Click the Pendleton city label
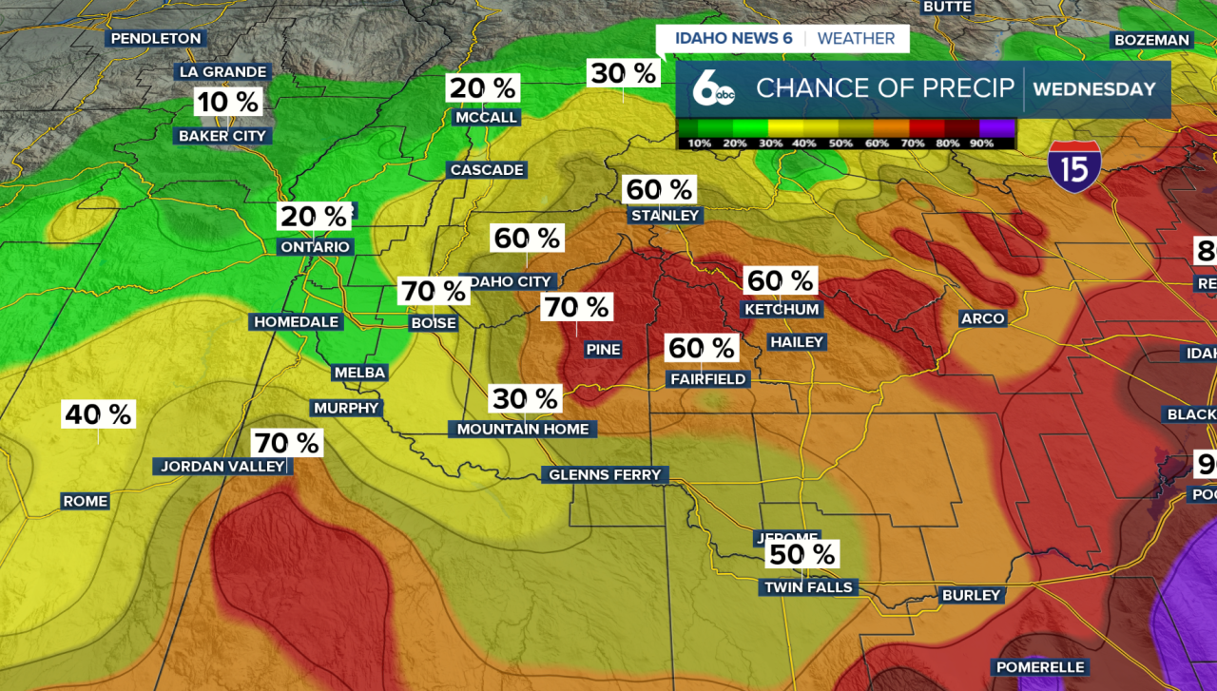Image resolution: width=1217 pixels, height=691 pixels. tap(156, 39)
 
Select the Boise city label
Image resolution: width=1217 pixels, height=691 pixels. tap(434, 323)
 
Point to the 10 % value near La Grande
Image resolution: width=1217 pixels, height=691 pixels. tap(227, 101)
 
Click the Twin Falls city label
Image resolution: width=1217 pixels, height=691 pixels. tap(809, 587)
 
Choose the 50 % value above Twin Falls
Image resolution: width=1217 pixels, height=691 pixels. tap(802, 554)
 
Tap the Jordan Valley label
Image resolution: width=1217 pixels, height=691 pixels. tap(222, 467)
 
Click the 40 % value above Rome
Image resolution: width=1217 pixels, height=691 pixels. tap(99, 414)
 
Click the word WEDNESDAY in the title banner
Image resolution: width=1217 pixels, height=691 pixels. tap(1094, 89)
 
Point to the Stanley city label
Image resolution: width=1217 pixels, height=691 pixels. tap(665, 216)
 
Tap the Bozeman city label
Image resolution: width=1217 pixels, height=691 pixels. tap(1151, 40)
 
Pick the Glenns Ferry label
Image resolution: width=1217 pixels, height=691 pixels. tap(605, 475)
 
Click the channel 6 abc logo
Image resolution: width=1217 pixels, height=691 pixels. tap(712, 88)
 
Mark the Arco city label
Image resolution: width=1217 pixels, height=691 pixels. tap(982, 318)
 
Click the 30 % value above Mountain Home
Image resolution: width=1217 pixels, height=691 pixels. tap(526, 398)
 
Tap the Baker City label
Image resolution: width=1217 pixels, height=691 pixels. tap(222, 136)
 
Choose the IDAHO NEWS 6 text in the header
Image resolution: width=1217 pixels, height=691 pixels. tap(733, 39)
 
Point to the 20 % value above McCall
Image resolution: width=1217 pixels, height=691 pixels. tap(483, 88)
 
